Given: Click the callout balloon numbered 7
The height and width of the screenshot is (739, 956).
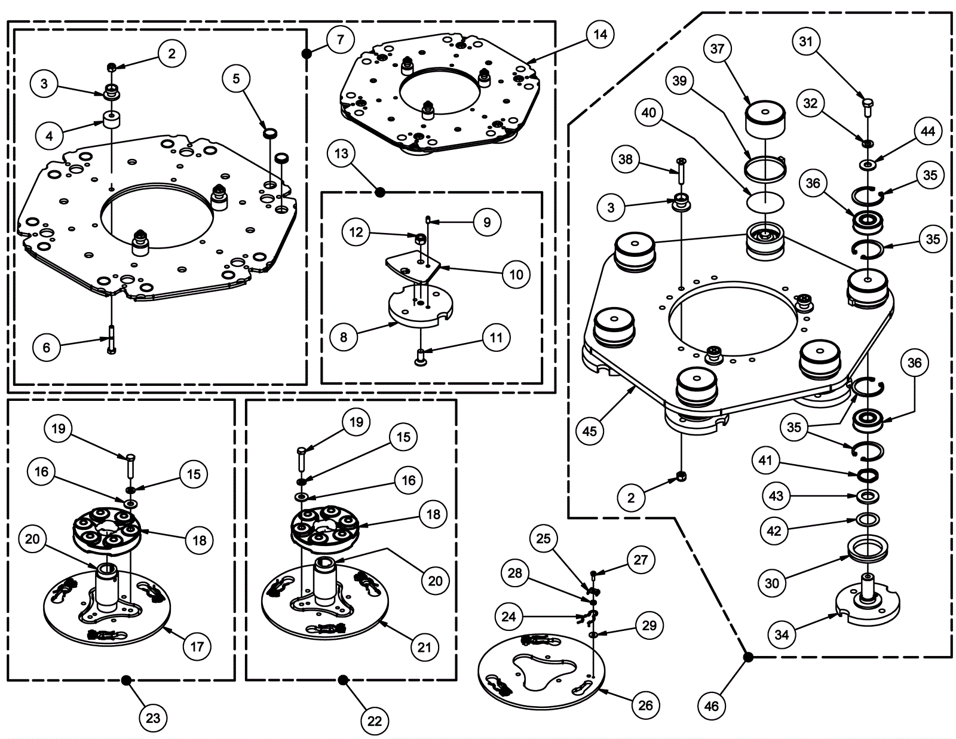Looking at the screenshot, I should [x=340, y=40].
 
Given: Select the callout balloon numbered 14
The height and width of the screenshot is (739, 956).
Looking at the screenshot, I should [x=600, y=35].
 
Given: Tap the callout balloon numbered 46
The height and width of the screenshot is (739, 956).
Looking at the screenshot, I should [x=711, y=706].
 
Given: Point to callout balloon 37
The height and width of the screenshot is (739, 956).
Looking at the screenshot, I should [x=717, y=49].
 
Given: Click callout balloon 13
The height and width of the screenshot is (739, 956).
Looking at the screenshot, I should [x=341, y=154].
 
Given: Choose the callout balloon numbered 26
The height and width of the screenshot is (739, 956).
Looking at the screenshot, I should [x=645, y=705].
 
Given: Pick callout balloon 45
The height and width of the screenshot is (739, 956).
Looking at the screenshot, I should [x=589, y=431].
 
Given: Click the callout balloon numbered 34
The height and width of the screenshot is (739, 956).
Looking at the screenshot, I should [x=782, y=634].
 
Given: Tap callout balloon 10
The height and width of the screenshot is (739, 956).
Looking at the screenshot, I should [x=516, y=274].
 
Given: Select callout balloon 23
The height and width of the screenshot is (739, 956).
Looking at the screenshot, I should [x=153, y=717].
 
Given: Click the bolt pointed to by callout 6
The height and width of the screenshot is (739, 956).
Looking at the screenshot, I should [x=111, y=339].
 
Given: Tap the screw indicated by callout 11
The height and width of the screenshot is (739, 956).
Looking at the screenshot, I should [x=421, y=357].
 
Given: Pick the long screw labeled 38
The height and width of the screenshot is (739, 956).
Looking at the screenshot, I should [x=681, y=171].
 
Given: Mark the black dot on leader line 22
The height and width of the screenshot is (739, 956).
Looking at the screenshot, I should [x=343, y=679].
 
